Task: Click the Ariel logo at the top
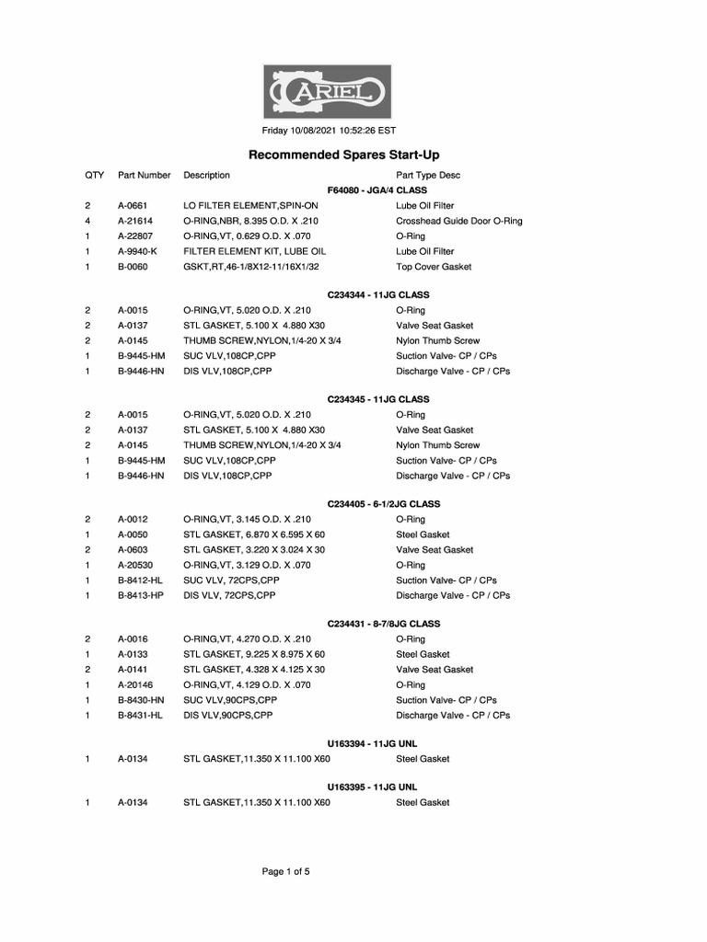click(329, 91)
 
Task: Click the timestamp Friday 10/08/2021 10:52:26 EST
click(329, 131)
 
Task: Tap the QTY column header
click(95, 175)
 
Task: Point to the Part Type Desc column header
click(428, 175)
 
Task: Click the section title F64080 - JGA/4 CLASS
click(377, 190)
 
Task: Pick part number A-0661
click(133, 206)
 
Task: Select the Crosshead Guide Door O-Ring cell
click(458, 221)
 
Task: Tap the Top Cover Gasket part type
click(434, 267)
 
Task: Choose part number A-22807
click(135, 236)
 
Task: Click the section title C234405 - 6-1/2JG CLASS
click(384, 504)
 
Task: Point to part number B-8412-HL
click(140, 580)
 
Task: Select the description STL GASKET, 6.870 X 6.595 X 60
click(254, 534)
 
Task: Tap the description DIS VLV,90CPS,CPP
click(228, 715)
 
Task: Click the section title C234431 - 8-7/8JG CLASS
click(384, 624)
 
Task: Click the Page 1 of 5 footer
click(285, 872)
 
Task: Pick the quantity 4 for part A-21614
click(87, 221)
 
